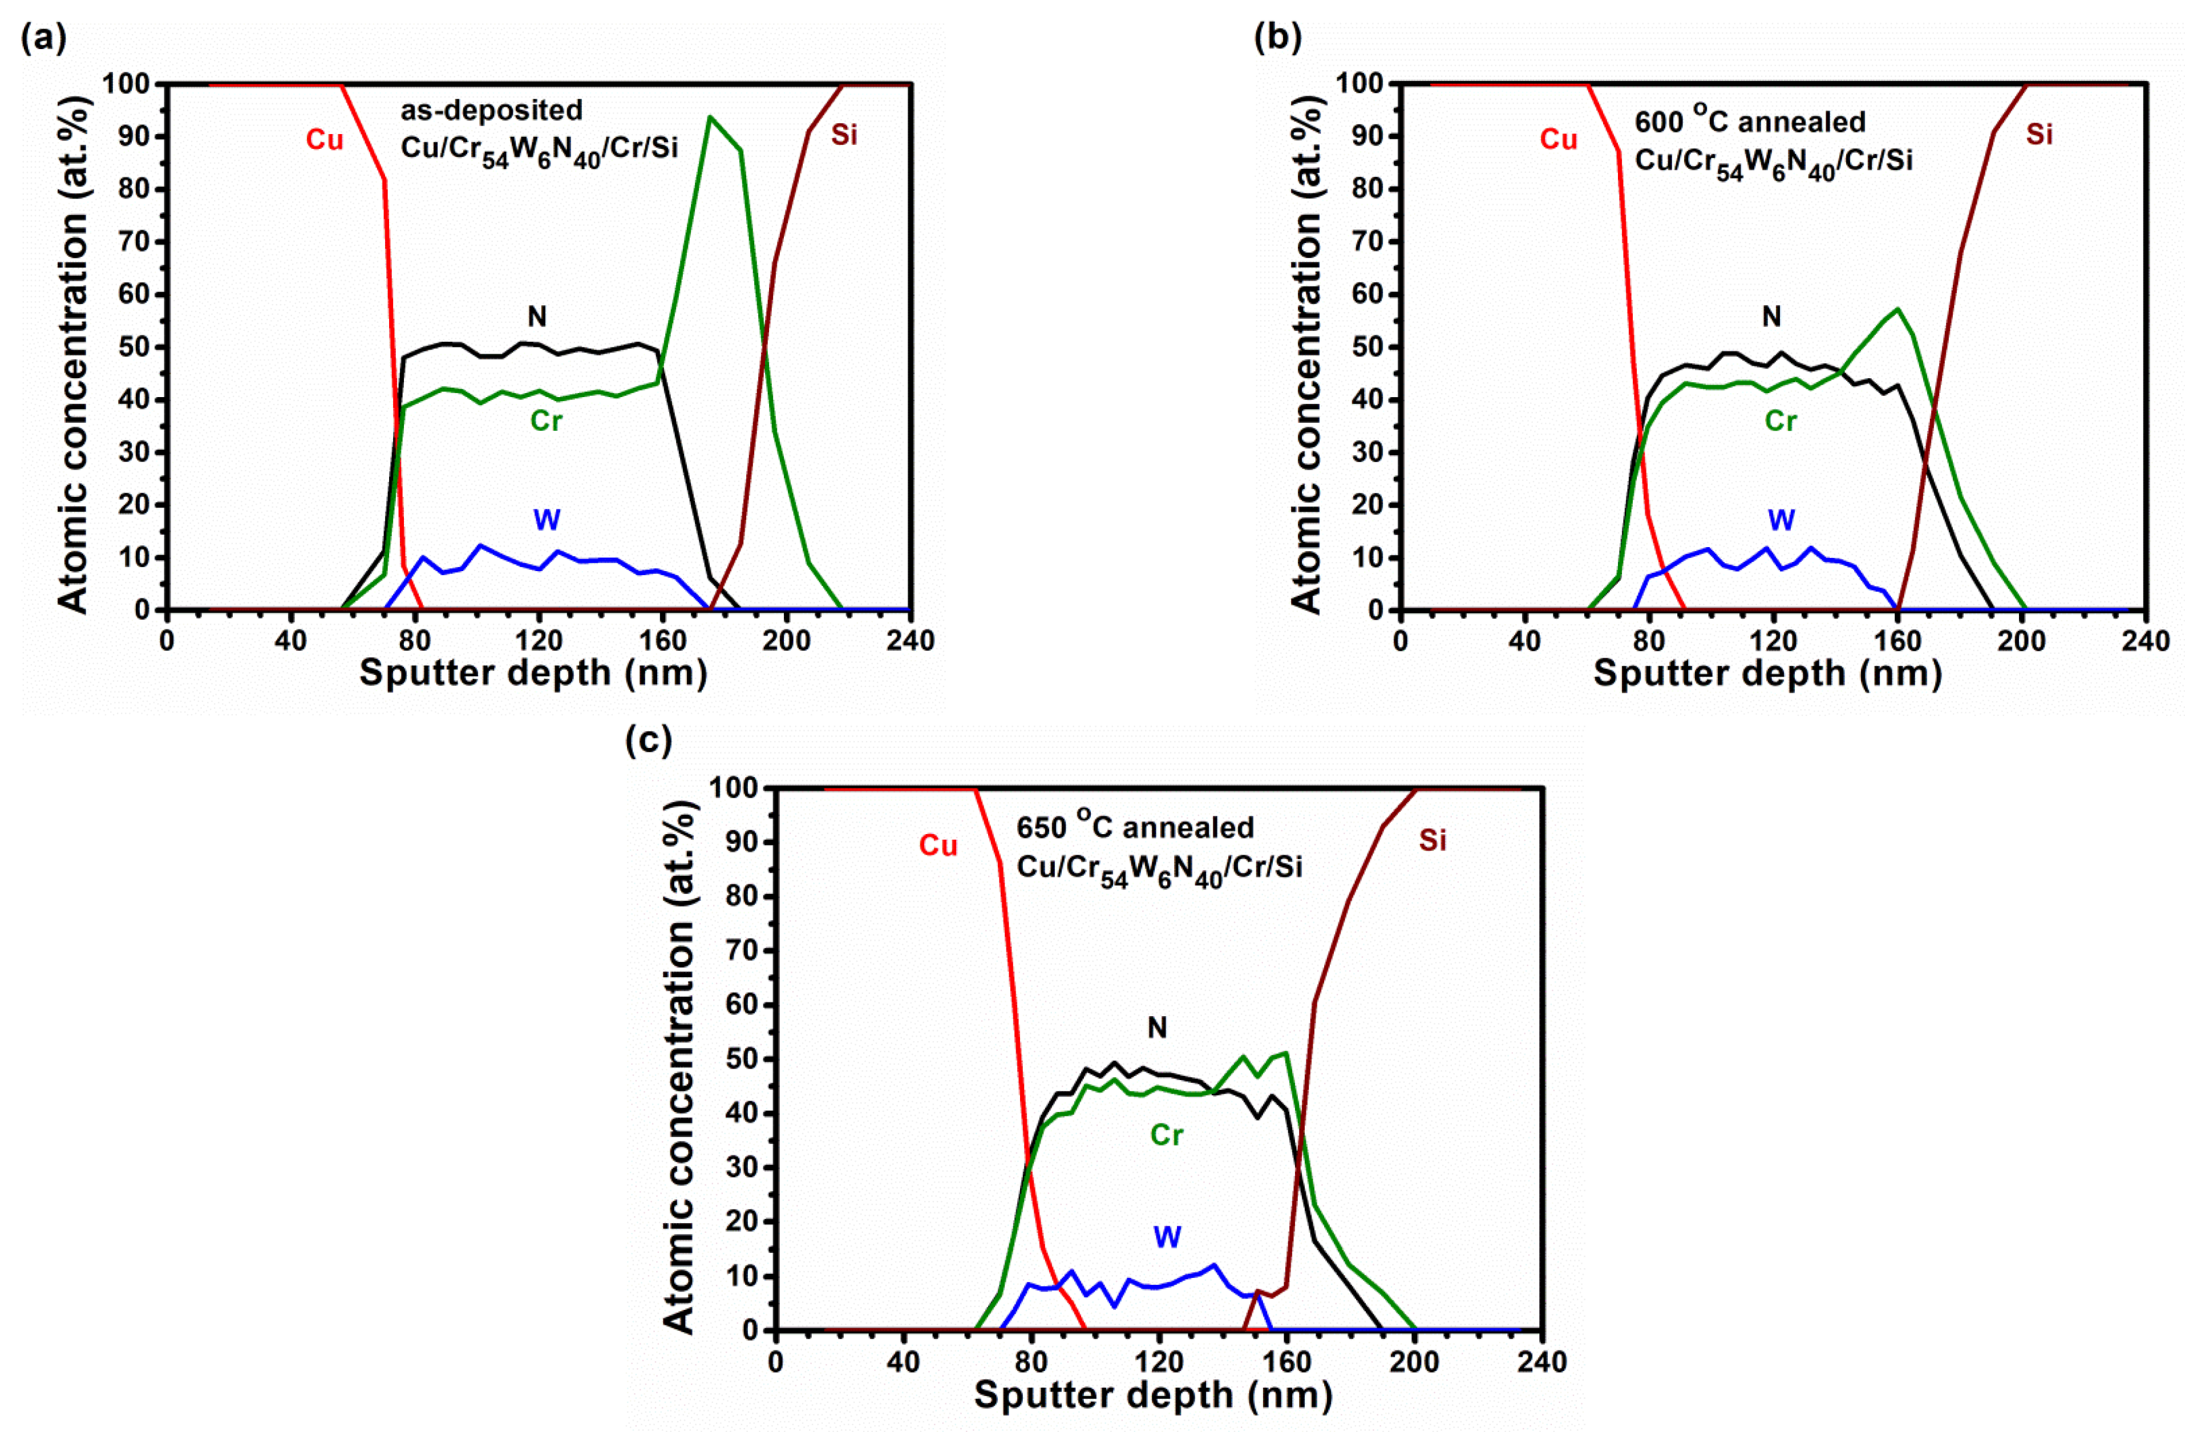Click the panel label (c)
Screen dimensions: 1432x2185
coord(648,740)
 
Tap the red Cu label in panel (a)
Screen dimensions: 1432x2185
coord(324,140)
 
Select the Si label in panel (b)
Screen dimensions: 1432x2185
coord(2038,135)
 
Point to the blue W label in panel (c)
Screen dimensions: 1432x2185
coord(1166,1237)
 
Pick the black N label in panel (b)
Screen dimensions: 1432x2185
coord(1771,317)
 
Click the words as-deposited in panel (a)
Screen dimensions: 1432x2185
coord(491,110)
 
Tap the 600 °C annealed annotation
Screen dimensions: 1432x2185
coord(1749,120)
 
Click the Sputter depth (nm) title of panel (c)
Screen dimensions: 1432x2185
coord(1153,1395)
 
